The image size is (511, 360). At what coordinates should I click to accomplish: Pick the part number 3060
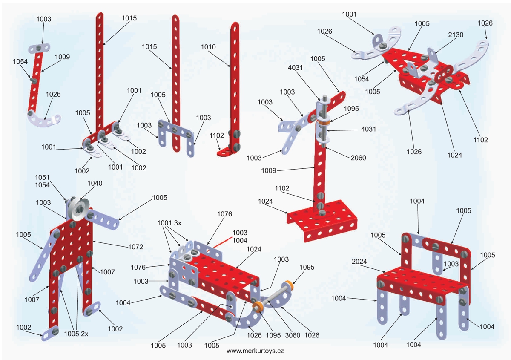pyautogui.click(x=289, y=335)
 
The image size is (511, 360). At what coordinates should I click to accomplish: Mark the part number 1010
pyautogui.click(x=207, y=46)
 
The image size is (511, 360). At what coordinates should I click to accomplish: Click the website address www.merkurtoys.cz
pyautogui.click(x=255, y=351)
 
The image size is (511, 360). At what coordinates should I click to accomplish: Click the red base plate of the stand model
pyautogui.click(x=324, y=219)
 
